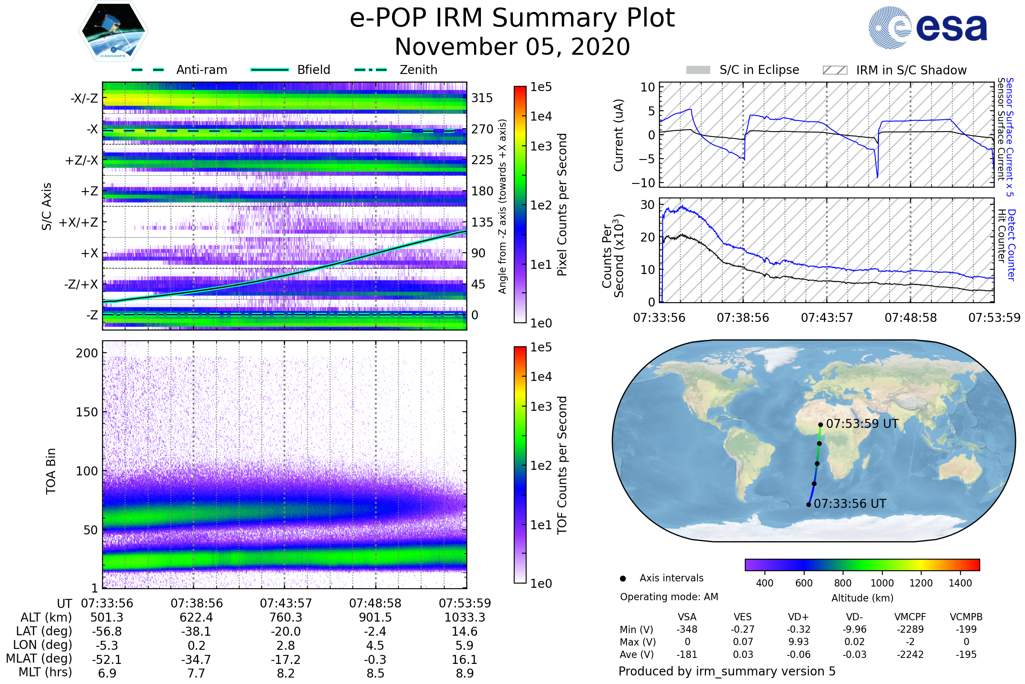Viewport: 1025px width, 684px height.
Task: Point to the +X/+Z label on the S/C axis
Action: (79, 222)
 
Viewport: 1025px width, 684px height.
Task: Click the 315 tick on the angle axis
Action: (482, 98)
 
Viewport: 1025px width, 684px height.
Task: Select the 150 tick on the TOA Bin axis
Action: (87, 412)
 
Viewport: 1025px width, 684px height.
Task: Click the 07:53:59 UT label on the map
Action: (862, 424)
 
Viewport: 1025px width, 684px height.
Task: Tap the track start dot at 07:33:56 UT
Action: (808, 505)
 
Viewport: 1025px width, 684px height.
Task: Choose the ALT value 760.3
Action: (286, 617)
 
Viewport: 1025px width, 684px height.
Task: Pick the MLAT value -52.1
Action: (107, 659)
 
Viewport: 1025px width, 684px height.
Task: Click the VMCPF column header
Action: (910, 617)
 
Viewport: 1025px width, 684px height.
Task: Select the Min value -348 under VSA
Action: (687, 629)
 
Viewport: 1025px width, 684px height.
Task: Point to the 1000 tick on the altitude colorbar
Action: (882, 583)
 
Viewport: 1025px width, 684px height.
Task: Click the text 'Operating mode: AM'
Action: (669, 597)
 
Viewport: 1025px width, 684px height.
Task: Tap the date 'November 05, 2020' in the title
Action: (512, 47)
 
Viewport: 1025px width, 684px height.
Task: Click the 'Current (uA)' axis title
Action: (618, 135)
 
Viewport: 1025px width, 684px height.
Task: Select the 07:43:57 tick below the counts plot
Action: (827, 318)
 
